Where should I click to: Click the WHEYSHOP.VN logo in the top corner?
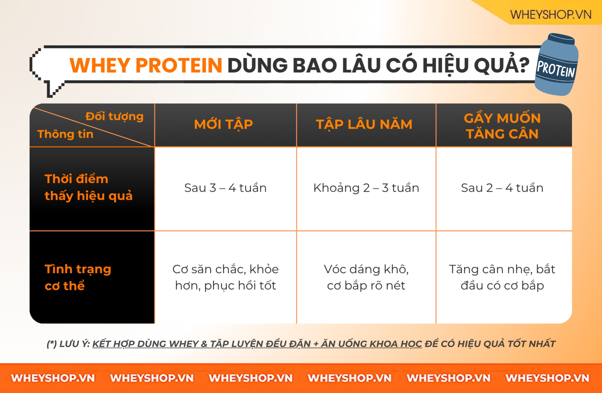pyautogui.click(x=551, y=14)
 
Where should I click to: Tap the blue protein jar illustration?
pyautogui.click(x=557, y=64)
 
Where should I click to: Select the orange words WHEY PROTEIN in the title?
pyautogui.click(x=146, y=65)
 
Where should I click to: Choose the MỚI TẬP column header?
pyautogui.click(x=223, y=124)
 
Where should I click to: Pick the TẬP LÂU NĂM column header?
pyautogui.click(x=364, y=124)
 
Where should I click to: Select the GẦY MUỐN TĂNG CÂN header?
pyautogui.click(x=502, y=126)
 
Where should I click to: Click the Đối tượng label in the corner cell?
pyautogui.click(x=114, y=116)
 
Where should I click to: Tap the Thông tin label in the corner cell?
pyautogui.click(x=65, y=134)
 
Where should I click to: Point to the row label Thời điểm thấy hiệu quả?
pyautogui.click(x=88, y=187)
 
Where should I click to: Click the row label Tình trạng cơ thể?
pyautogui.click(x=78, y=277)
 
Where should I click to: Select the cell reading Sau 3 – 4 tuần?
pyautogui.click(x=225, y=188)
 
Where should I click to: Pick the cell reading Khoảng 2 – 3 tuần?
pyautogui.click(x=366, y=188)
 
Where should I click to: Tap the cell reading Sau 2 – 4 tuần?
pyautogui.click(x=502, y=188)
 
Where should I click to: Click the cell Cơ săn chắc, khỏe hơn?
pyautogui.click(x=225, y=277)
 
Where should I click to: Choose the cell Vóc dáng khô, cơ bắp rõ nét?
pyautogui.click(x=366, y=277)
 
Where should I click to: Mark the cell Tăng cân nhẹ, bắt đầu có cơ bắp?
pyautogui.click(x=502, y=277)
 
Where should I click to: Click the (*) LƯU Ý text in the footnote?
pyautogui.click(x=68, y=344)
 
